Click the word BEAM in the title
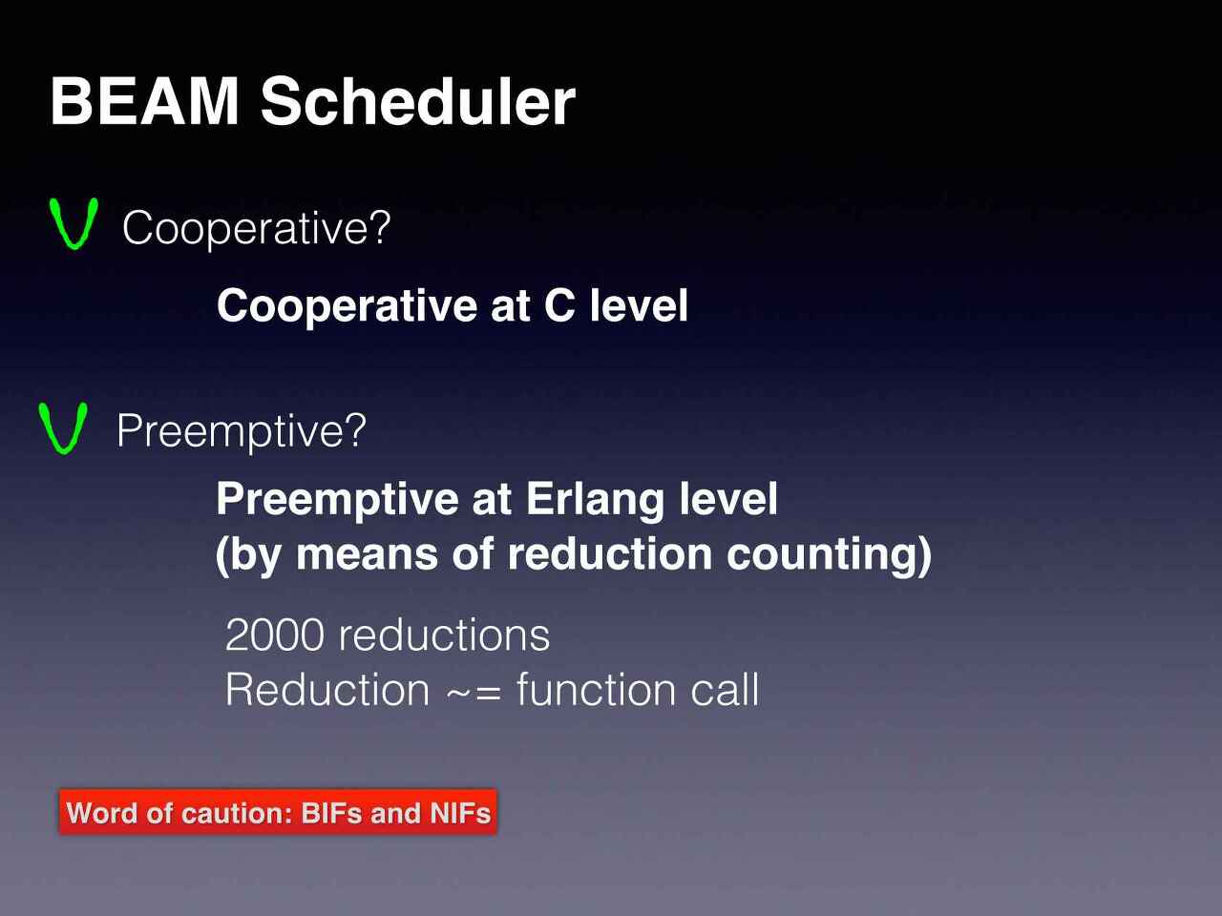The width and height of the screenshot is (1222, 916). point(145,102)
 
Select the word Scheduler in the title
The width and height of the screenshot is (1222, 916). point(417,101)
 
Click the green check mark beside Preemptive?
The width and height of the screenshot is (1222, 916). point(62,427)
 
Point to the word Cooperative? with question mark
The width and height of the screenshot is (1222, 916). point(257,228)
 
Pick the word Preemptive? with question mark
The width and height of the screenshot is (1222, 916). point(242,431)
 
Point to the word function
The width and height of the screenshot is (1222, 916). point(597,689)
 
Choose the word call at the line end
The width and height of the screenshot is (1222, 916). point(725,689)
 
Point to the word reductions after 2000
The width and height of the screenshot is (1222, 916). point(444,635)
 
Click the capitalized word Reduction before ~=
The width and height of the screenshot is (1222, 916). point(327,690)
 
